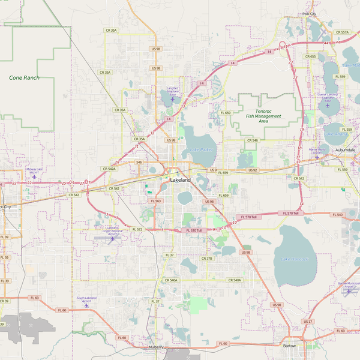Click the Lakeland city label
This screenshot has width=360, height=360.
pos(180,179)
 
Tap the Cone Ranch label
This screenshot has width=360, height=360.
pos(24,77)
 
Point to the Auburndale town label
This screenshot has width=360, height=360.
pos(346,149)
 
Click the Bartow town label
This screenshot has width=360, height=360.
pos(289,346)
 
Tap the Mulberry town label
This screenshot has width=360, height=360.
pos(160,347)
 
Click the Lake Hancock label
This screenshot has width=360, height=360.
pos(294,259)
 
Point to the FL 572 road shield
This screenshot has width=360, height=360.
pos(137,229)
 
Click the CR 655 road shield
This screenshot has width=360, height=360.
pos(310,56)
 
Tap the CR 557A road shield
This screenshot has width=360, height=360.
pos(343,32)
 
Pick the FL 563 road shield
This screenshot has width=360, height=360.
pos(155,201)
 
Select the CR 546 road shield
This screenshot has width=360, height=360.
pos(252,140)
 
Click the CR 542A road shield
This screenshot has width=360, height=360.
pos(109,169)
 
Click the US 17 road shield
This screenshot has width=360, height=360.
pos(307,322)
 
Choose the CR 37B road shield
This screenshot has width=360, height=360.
pos(206,259)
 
